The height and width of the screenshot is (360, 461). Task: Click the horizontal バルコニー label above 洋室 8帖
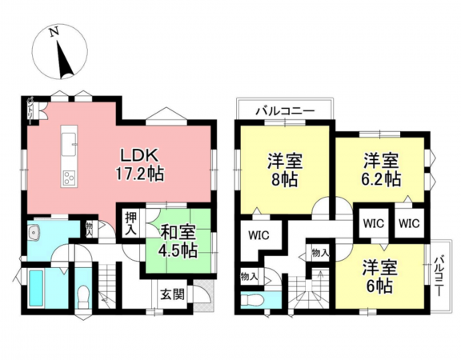pyautogui.click(x=283, y=110)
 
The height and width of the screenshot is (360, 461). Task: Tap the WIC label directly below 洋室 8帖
pyautogui.click(x=258, y=236)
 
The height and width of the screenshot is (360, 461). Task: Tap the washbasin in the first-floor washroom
pyautogui.click(x=34, y=233)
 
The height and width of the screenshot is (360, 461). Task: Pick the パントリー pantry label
pyautogui.click(x=30, y=109)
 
